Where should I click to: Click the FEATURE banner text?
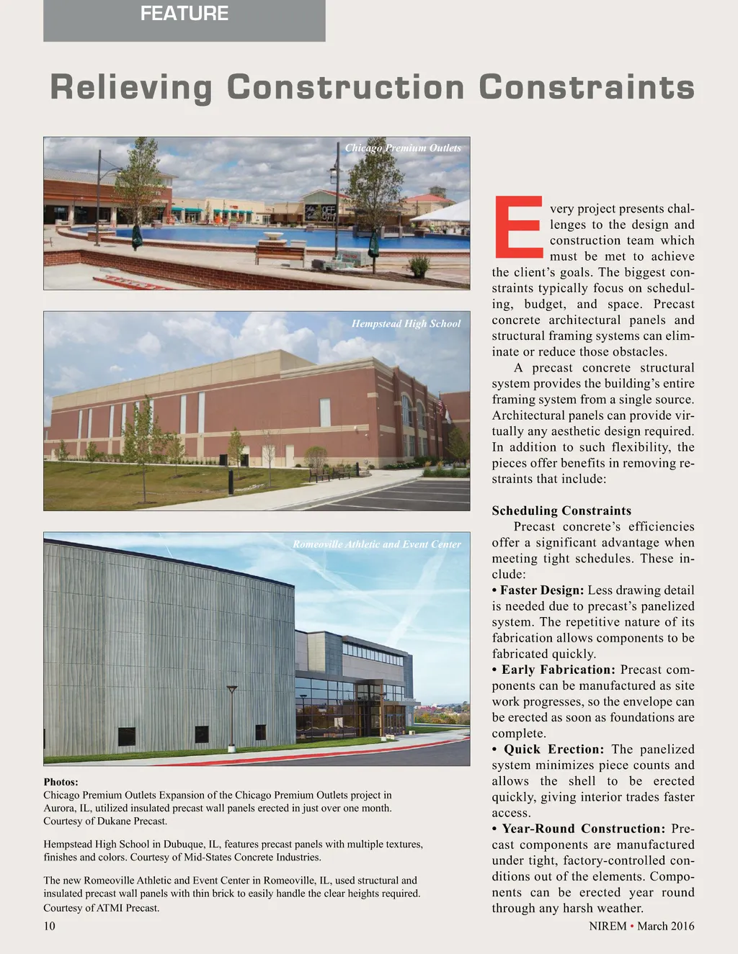(x=184, y=14)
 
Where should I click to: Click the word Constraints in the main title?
(x=587, y=88)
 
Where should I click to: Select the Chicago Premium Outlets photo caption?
(x=403, y=148)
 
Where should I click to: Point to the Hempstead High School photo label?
(x=406, y=324)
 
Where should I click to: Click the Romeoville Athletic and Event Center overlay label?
(x=376, y=544)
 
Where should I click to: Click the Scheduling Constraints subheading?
(x=561, y=510)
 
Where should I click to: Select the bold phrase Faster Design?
(x=542, y=590)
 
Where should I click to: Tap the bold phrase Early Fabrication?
(x=559, y=670)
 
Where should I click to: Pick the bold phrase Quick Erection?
(x=553, y=750)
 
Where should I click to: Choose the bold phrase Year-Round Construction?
(x=584, y=829)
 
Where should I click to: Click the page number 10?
(x=49, y=926)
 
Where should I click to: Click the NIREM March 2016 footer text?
(x=641, y=926)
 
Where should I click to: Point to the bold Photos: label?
(x=61, y=782)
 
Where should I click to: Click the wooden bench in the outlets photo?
(x=280, y=252)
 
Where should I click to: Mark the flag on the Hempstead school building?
(x=442, y=408)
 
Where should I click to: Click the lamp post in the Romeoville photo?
(x=231, y=716)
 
